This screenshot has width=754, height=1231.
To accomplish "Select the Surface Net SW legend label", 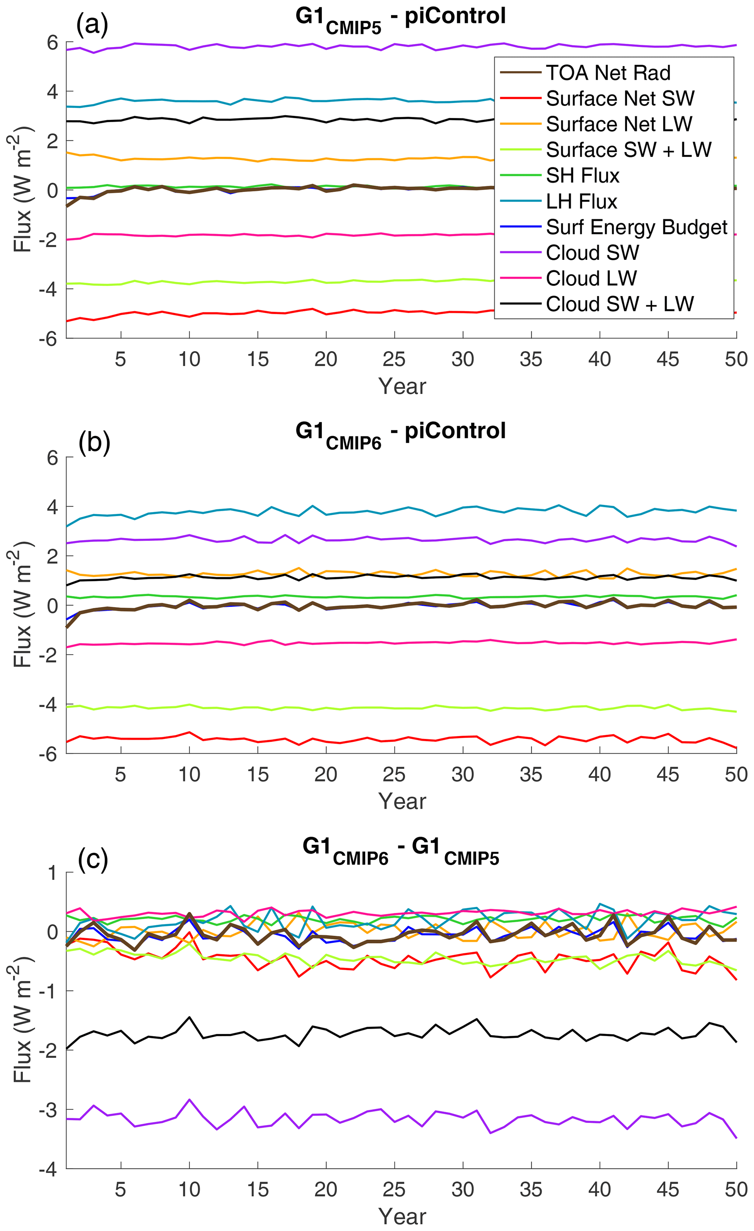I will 620,99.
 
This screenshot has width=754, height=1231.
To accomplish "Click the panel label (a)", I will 92,24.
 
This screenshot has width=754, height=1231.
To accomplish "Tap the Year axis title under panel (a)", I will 402,386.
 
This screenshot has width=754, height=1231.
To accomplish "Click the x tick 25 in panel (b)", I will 394,775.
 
